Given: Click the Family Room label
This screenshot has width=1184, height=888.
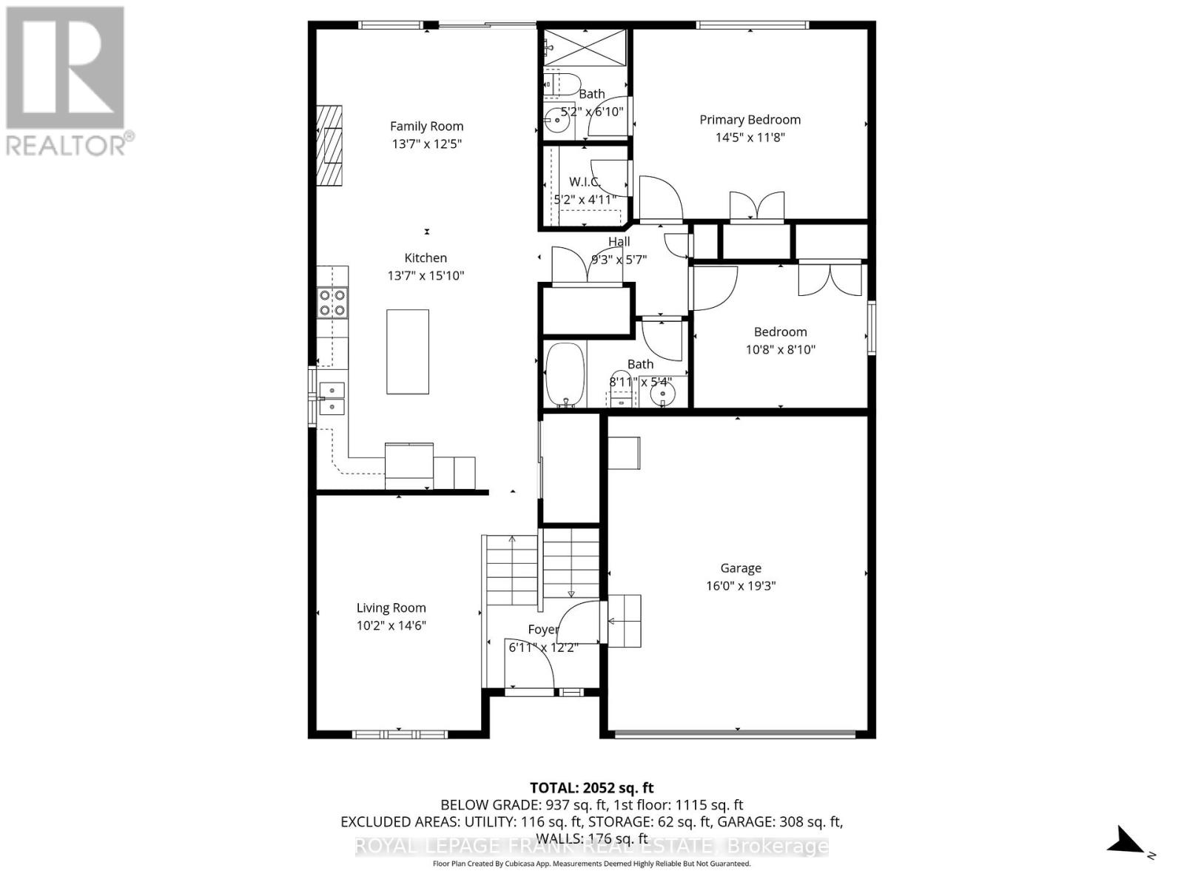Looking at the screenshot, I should click(426, 126).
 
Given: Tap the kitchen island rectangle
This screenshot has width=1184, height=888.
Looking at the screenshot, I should click(407, 351).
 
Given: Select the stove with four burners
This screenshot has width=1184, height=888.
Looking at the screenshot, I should click(332, 303).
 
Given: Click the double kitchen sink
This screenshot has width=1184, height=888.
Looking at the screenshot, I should click(332, 398).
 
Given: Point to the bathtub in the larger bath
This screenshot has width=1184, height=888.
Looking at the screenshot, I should click(565, 374).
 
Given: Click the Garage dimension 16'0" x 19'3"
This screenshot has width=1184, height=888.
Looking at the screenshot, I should click(740, 586).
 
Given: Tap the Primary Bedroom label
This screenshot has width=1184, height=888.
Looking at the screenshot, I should click(750, 119).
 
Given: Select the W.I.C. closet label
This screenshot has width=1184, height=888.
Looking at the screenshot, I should click(585, 181).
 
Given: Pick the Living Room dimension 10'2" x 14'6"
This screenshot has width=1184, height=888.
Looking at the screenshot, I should click(391, 625).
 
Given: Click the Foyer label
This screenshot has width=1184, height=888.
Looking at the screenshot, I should click(542, 630).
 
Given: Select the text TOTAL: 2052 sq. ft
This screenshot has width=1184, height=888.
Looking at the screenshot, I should click(591, 788).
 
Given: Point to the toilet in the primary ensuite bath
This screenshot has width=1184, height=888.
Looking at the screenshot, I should click(562, 83).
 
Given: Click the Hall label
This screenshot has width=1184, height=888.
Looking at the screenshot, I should click(619, 241).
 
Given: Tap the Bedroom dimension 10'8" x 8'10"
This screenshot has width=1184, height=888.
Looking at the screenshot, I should click(780, 349).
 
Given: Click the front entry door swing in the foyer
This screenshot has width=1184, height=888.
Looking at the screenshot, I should click(529, 662).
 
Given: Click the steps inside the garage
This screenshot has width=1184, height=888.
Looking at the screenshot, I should click(625, 620).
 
